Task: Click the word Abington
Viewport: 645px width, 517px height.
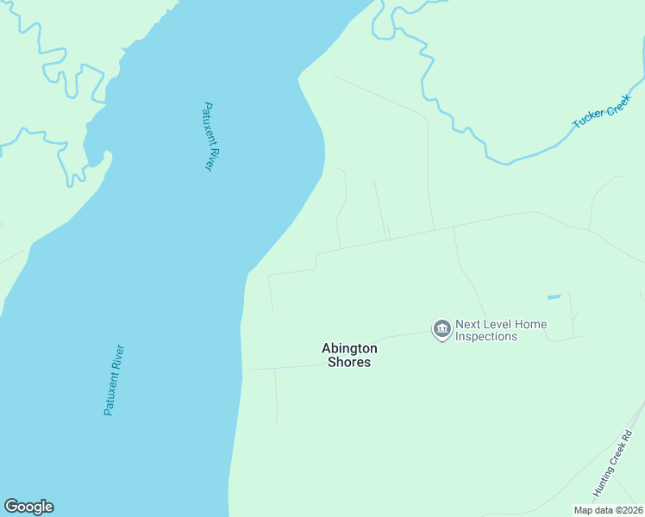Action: (349, 348)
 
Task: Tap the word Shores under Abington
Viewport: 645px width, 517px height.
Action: (349, 363)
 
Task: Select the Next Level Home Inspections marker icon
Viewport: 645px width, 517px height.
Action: (441, 329)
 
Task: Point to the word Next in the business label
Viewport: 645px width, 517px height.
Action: (469, 325)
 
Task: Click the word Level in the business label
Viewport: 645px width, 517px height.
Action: (500, 325)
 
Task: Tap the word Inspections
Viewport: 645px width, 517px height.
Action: (486, 337)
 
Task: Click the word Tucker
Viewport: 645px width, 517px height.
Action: (588, 120)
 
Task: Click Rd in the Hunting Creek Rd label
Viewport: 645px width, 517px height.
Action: (629, 436)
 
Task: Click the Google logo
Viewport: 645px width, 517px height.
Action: (28, 507)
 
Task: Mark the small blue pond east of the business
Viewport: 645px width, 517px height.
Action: (554, 297)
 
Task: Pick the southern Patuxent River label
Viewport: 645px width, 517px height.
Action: (114, 380)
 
